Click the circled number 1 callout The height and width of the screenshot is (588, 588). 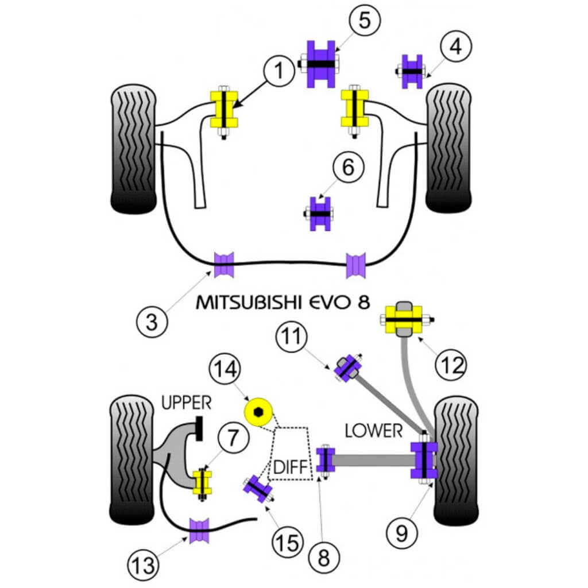click(x=278, y=71)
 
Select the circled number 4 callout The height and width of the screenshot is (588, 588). click(x=455, y=47)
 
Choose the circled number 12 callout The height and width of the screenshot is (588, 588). click(x=451, y=363)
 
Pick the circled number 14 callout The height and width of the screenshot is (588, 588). click(x=225, y=370)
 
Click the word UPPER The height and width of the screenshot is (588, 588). click(x=186, y=403)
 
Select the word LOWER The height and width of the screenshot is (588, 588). click(x=374, y=431)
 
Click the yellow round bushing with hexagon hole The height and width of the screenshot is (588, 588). click(x=258, y=412)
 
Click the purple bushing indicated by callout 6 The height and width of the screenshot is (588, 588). click(x=321, y=214)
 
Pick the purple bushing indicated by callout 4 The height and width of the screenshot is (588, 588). click(x=412, y=72)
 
